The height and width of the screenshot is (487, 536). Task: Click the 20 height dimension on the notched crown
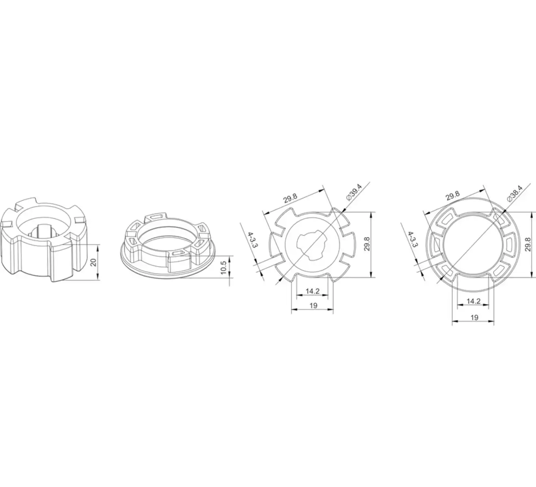[94, 262]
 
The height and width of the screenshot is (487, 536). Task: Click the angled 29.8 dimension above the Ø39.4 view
[290, 198]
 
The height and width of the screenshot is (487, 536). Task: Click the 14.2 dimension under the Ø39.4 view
[313, 291]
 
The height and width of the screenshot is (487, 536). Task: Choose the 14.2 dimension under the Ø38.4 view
[473, 301]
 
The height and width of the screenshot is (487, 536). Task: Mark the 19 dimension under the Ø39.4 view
[313, 306]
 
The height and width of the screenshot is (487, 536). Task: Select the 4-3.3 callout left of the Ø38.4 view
[413, 239]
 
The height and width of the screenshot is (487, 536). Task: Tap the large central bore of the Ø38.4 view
[471, 243]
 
